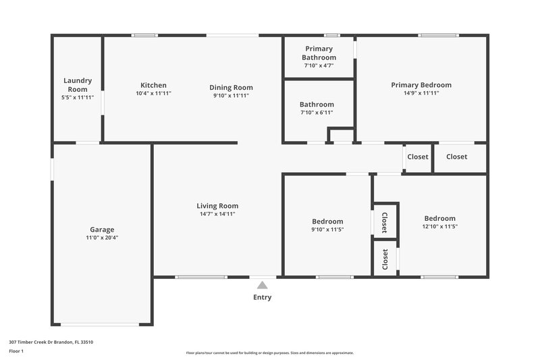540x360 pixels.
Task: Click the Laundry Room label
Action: point(78,84)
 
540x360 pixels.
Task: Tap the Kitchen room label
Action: point(153,85)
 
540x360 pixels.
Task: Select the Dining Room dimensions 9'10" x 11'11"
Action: point(231,96)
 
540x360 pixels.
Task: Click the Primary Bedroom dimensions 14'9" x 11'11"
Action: point(421,93)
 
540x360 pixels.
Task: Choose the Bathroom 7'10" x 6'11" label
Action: point(317,105)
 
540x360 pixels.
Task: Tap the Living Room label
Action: point(217,206)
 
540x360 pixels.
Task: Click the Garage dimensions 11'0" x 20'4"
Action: point(103,238)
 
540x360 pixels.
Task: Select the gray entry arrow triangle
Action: point(262,286)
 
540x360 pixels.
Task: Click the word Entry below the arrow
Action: point(263,297)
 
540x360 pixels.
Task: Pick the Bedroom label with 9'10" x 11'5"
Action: point(327,222)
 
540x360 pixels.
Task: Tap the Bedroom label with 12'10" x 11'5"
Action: point(439,218)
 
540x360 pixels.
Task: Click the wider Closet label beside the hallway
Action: point(456,157)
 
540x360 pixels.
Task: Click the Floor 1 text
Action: point(16,351)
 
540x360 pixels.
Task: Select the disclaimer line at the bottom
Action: point(269,353)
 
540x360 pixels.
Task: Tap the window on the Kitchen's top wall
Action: point(144,35)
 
